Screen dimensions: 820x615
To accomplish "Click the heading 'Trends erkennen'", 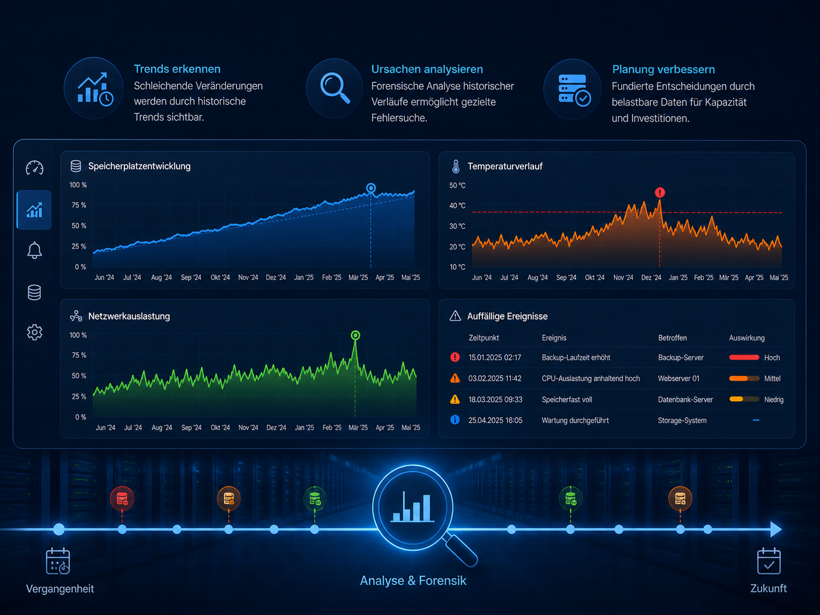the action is click(x=177, y=69).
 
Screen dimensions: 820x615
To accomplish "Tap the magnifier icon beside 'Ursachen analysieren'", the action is click(x=334, y=88).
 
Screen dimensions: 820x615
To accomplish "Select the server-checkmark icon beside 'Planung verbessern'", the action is click(x=574, y=90).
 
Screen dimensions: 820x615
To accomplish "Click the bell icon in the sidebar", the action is click(x=35, y=250).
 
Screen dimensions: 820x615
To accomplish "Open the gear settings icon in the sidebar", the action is click(x=35, y=332).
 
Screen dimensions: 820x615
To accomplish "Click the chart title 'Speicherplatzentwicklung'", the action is click(x=139, y=166).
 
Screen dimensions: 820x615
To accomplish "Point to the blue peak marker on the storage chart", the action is click(x=371, y=188).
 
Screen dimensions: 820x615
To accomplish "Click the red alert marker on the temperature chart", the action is click(x=660, y=193).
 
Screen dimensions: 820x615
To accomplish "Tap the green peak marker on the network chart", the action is click(x=355, y=335).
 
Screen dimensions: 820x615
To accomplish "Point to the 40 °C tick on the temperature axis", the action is click(x=457, y=206).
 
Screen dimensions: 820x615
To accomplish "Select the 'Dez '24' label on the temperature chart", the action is click(x=651, y=277).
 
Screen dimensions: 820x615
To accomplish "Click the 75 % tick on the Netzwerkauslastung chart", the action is click(x=79, y=355).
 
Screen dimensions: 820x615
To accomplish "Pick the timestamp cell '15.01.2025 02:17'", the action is click(x=494, y=357).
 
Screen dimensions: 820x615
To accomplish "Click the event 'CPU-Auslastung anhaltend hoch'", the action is click(x=591, y=378).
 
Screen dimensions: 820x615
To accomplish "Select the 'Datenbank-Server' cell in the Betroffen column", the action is click(x=685, y=400).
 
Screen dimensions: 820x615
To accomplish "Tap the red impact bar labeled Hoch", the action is click(x=744, y=357).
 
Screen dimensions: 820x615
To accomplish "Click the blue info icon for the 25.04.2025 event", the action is click(x=455, y=420).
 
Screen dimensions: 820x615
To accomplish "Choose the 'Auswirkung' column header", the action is click(x=746, y=338).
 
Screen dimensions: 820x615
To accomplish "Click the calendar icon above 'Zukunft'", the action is click(x=768, y=561).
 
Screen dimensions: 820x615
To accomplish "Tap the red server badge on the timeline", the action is click(x=122, y=498).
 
